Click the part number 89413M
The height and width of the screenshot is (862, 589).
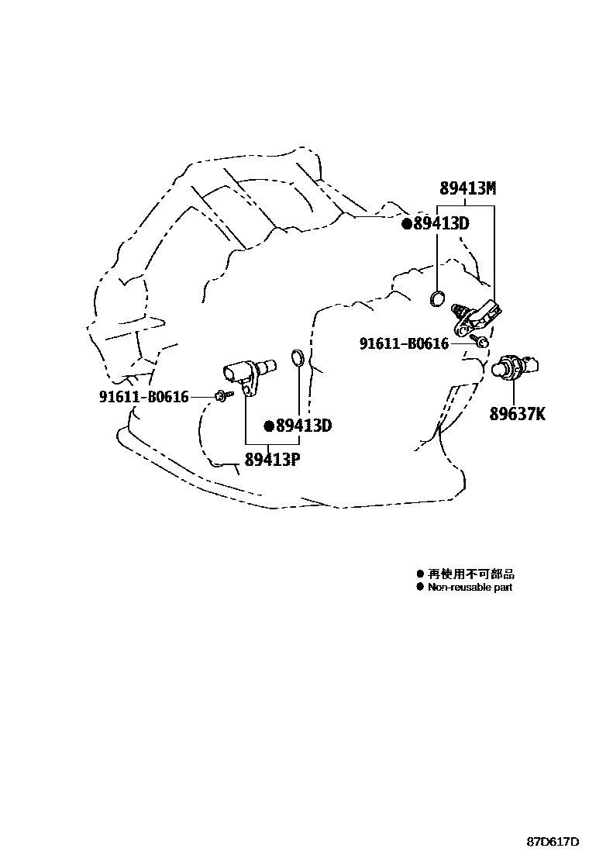point(467,188)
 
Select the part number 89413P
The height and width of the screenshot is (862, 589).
point(272,459)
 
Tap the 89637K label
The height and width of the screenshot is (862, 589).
point(517,414)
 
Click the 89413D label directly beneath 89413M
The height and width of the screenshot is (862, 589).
point(441,224)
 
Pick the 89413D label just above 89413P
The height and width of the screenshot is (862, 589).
point(304,426)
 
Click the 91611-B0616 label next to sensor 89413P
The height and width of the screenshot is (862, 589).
point(144,397)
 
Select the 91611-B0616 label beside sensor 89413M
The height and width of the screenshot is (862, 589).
point(404,343)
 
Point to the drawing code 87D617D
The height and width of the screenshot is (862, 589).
point(553,842)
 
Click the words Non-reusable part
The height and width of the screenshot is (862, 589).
point(470,588)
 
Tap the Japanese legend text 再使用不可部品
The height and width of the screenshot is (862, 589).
point(470,574)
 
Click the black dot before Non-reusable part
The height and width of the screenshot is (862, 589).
point(420,588)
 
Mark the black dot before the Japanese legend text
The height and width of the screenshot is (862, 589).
point(420,574)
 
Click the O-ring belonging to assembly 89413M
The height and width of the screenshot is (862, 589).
point(438,297)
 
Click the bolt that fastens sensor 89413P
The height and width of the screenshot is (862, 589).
point(222,396)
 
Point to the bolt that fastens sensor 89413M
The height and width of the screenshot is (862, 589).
point(481,342)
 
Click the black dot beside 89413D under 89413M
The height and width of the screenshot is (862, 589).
point(406,224)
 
